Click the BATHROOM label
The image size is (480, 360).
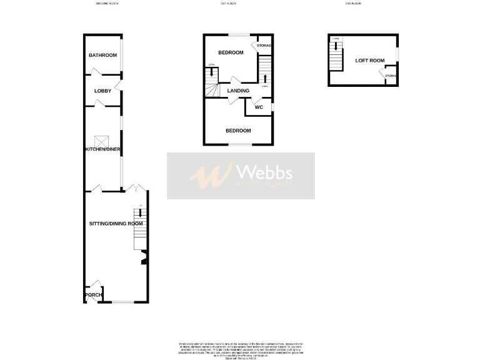point(102,56)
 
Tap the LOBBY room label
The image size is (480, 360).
point(102,91)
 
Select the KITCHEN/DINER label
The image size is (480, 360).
point(103,149)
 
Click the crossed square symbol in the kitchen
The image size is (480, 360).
point(99,141)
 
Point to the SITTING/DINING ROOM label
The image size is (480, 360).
point(112,223)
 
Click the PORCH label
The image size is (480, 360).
point(94,295)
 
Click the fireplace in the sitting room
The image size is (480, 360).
point(144,256)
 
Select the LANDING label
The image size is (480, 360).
point(238,91)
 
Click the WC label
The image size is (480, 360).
point(258,107)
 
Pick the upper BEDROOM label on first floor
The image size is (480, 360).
point(230,52)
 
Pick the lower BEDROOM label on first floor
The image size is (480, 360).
point(238,131)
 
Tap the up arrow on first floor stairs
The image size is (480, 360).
point(266,78)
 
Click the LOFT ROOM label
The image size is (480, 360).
point(369,61)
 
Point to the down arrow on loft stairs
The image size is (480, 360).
point(336,46)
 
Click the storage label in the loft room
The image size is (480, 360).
point(391,76)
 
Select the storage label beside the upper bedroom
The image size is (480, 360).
point(263,46)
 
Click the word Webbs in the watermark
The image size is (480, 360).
point(263,172)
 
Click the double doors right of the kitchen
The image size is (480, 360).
point(137,187)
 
